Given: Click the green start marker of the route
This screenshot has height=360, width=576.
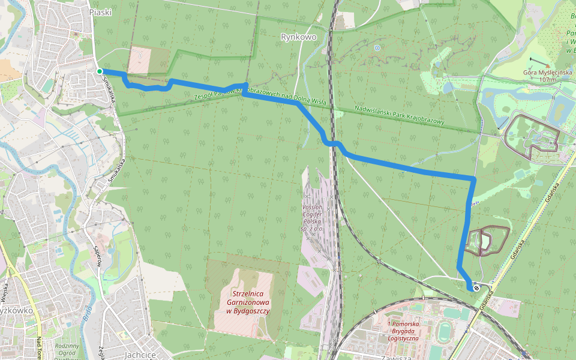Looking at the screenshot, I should pos(100,71).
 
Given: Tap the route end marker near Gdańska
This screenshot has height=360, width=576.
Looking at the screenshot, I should pos(476,288).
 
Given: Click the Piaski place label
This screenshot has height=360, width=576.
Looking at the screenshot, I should pos(100,12).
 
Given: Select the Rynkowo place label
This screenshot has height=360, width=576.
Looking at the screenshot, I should pos(298,37).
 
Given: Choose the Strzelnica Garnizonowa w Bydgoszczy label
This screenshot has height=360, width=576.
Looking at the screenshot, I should pos(248,302).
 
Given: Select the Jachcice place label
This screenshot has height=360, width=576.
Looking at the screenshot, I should pos(140,355).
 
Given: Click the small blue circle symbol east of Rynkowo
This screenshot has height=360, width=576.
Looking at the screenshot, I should pos(377,47).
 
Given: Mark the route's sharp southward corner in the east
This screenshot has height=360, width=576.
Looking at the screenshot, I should pos(474,179).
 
